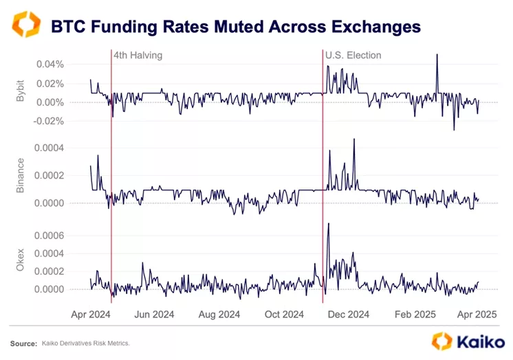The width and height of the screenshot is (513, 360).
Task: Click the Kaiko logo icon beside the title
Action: point(27,25)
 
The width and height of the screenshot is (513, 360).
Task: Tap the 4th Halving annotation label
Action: point(138,55)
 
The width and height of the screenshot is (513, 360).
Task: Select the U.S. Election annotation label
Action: point(353,55)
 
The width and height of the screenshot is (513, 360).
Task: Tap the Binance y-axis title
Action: point(20,175)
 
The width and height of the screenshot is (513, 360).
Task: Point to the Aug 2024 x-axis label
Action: point(218,315)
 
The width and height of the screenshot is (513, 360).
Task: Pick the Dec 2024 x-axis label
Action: point(348,315)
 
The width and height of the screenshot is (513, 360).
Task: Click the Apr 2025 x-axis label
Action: point(477,315)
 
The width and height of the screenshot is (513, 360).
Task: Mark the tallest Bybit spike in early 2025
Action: point(437,55)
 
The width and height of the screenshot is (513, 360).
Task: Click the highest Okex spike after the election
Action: point(329,225)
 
